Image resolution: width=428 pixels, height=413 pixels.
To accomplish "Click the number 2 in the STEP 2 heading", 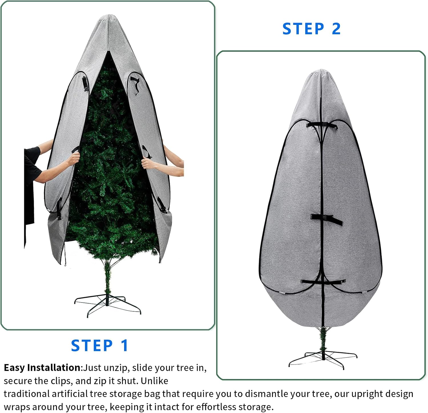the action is [x=336, y=29].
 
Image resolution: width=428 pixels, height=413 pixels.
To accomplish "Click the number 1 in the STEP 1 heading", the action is [x=124, y=346].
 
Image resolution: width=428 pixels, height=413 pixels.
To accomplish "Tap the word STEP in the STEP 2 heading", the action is [x=303, y=29].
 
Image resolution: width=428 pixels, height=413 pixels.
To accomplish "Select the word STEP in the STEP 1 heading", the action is [x=92, y=346].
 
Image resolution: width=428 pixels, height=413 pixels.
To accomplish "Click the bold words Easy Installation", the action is [x=43, y=368].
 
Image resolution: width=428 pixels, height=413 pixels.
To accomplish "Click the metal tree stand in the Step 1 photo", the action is [x=108, y=306].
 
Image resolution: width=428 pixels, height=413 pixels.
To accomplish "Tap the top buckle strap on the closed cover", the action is [x=322, y=125].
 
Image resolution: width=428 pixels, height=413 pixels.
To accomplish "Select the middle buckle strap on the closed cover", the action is [x=326, y=219].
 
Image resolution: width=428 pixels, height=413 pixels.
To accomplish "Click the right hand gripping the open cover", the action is [x=148, y=163].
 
